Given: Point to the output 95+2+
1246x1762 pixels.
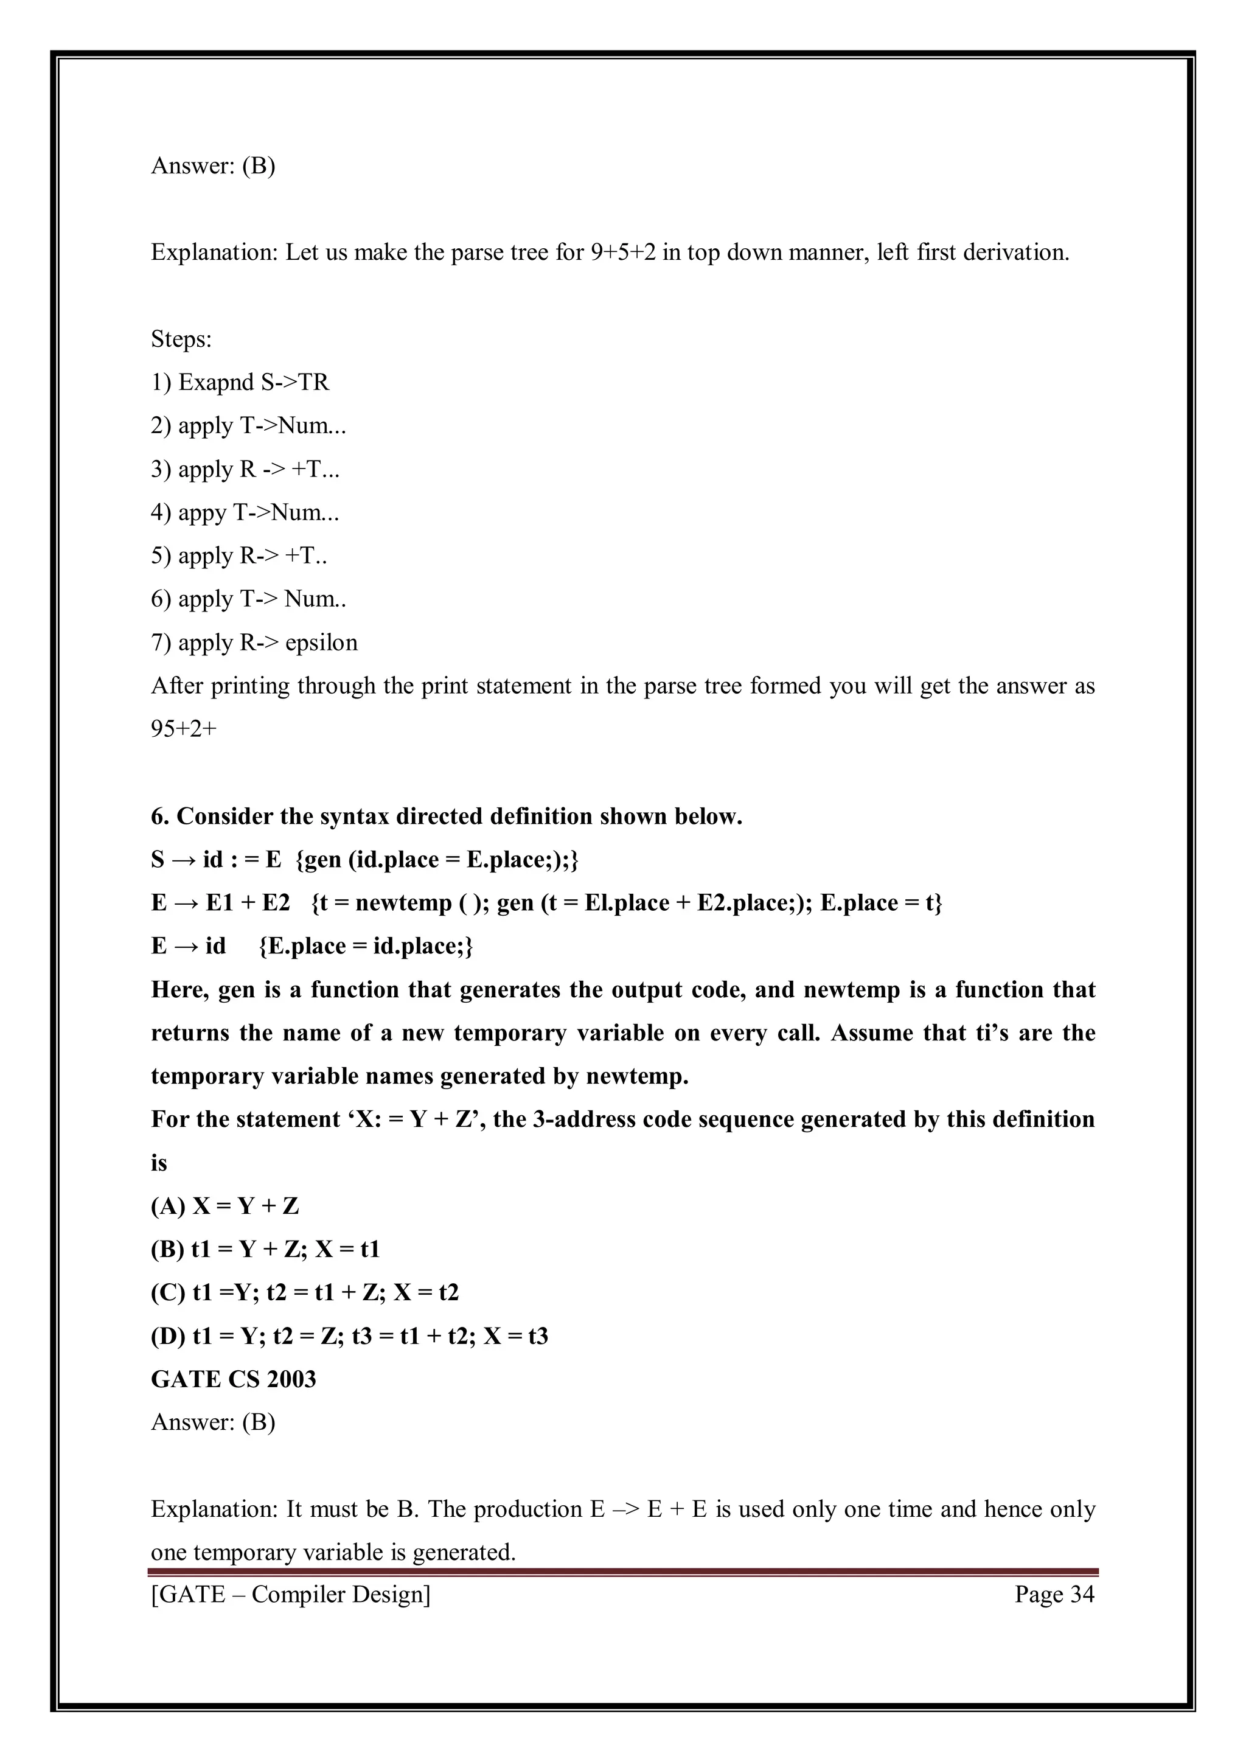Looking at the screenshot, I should [184, 729].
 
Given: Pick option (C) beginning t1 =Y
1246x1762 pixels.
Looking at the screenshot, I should [305, 1293].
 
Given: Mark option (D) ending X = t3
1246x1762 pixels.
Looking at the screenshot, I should [349, 1337].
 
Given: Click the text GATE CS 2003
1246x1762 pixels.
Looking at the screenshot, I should [233, 1380].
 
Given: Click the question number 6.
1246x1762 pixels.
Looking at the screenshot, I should [159, 817].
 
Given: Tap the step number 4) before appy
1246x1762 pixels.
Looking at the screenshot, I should [161, 513].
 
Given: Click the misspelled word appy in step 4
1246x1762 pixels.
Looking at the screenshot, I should [202, 513].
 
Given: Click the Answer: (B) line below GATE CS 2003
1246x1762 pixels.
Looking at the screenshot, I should [214, 1422].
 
